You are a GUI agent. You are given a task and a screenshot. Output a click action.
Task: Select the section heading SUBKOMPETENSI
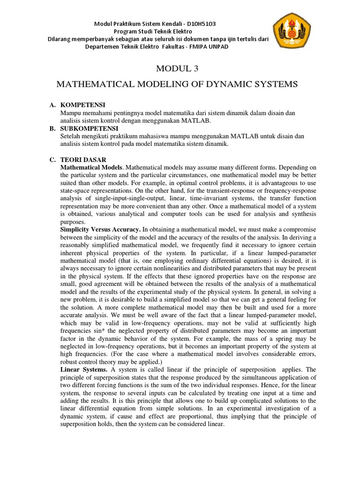[90, 128]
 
